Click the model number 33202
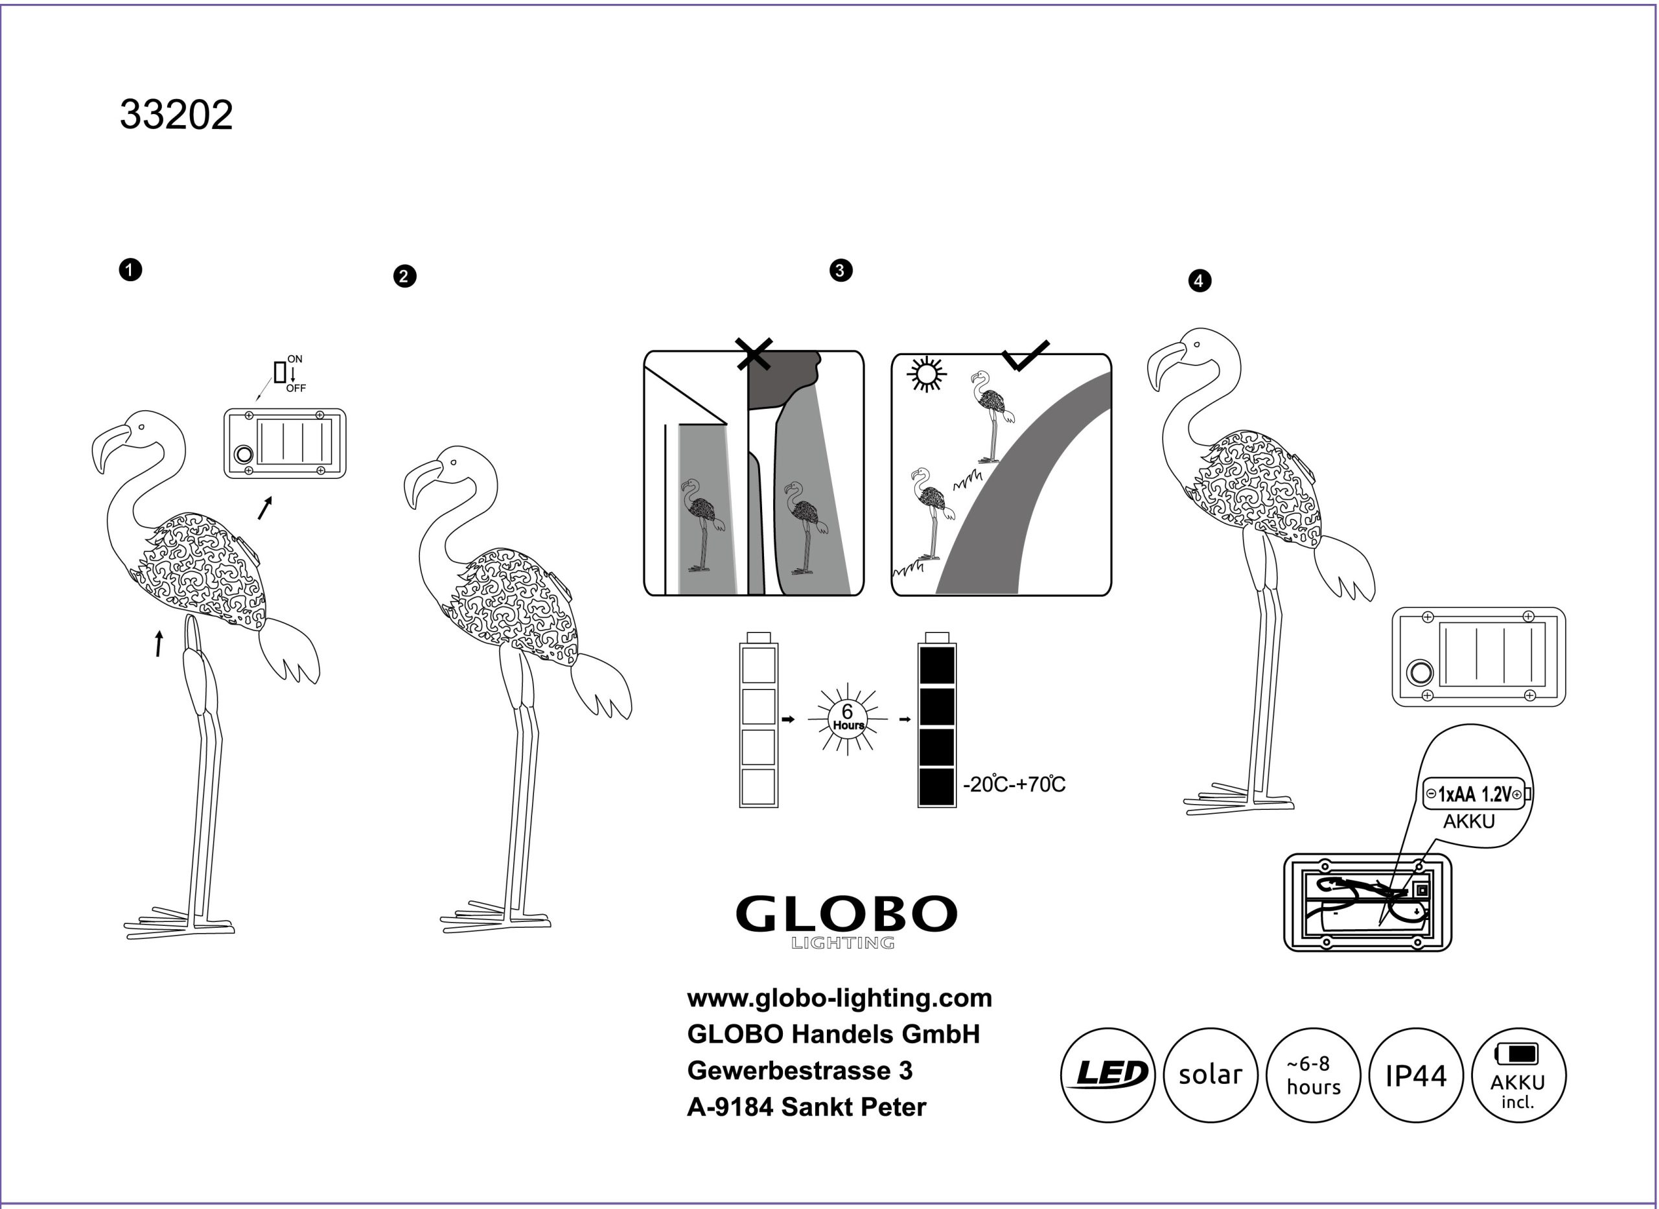pyautogui.click(x=176, y=115)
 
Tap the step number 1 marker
pyautogui.click(x=130, y=270)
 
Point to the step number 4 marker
pyautogui.click(x=1199, y=281)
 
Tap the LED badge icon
pyautogui.click(x=1108, y=1074)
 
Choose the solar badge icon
pyautogui.click(x=1211, y=1074)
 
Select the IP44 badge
pyautogui.click(x=1415, y=1075)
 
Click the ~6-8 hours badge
pyautogui.click(x=1313, y=1074)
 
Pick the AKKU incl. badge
pyautogui.click(x=1518, y=1074)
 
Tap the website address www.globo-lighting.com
pyautogui.click(x=839, y=998)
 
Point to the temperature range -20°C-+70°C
pyautogui.click(x=1014, y=785)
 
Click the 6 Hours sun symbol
pyautogui.click(x=848, y=718)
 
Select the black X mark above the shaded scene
pyautogui.click(x=754, y=354)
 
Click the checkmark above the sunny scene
pyautogui.click(x=1025, y=356)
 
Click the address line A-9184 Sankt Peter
pyautogui.click(x=806, y=1107)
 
